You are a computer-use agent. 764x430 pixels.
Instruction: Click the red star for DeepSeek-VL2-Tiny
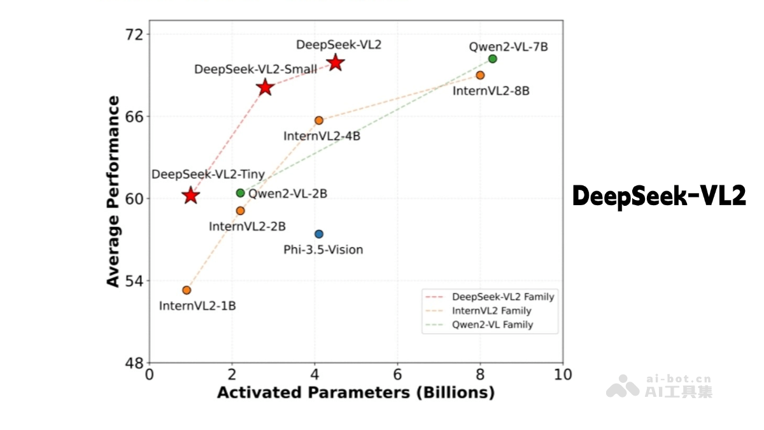click(x=190, y=196)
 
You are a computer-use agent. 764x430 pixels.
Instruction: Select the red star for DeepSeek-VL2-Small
click(x=265, y=88)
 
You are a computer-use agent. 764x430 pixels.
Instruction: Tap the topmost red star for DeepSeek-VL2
click(x=336, y=62)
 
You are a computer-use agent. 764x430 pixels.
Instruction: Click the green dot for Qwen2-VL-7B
click(x=492, y=59)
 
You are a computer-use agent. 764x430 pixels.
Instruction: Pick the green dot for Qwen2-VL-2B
click(x=240, y=193)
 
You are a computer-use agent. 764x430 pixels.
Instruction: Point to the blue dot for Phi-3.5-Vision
click(x=319, y=234)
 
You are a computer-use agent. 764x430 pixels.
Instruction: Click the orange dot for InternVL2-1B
click(x=187, y=290)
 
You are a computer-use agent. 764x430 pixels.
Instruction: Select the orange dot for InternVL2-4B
click(x=319, y=120)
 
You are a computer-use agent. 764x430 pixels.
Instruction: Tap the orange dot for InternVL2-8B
click(x=480, y=75)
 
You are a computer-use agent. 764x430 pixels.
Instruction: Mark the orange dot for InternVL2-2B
click(x=240, y=211)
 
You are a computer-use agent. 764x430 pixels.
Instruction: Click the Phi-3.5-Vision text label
click(x=323, y=250)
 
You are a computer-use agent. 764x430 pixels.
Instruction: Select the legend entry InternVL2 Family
click(x=491, y=311)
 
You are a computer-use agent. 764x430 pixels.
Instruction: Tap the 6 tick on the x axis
click(x=398, y=375)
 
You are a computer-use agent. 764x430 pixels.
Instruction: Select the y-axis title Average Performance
click(x=113, y=191)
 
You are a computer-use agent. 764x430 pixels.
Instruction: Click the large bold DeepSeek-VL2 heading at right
click(x=659, y=196)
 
